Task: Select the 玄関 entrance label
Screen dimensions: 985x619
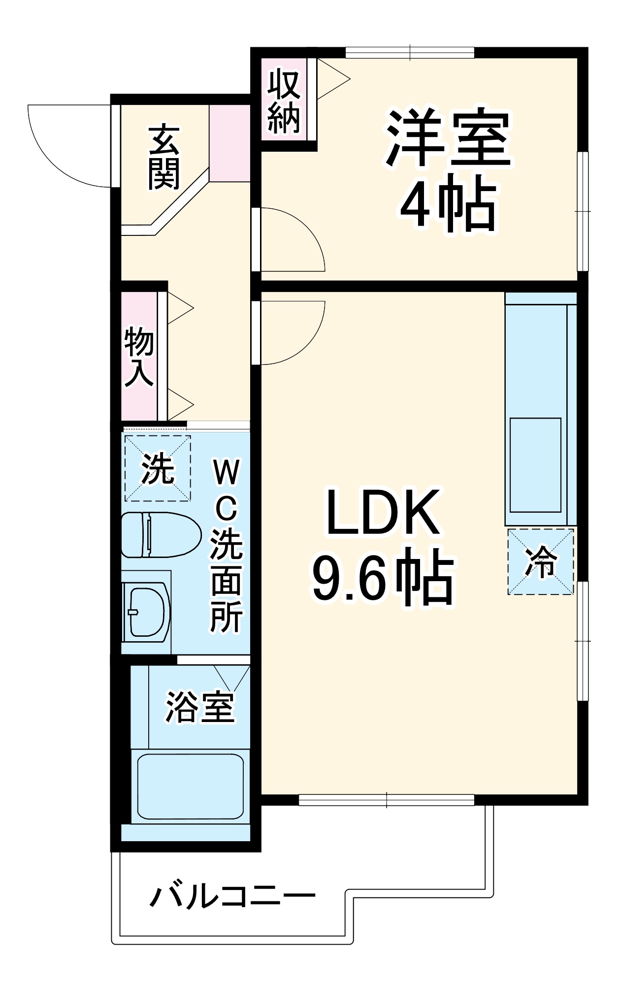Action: point(164,158)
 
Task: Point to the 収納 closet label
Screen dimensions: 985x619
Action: point(284,101)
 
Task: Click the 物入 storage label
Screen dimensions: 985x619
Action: point(139,357)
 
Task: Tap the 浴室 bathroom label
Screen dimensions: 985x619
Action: point(199,707)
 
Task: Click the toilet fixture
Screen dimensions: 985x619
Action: point(161,535)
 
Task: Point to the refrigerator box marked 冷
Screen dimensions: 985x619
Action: point(541,561)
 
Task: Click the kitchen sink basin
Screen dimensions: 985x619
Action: point(535,465)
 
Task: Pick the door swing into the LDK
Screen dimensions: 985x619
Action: point(291,332)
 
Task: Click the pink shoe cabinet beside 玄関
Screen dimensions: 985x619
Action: point(229,143)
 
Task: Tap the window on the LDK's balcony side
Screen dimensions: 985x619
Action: point(387,800)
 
